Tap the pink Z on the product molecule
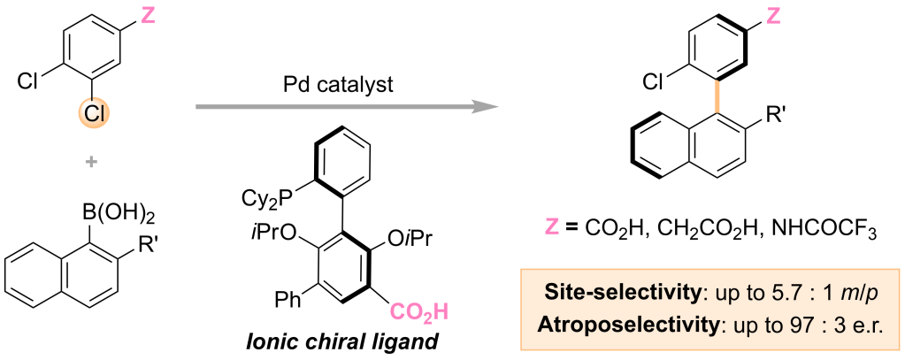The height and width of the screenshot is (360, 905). point(774,14)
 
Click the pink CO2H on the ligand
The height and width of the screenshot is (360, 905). point(419,311)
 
